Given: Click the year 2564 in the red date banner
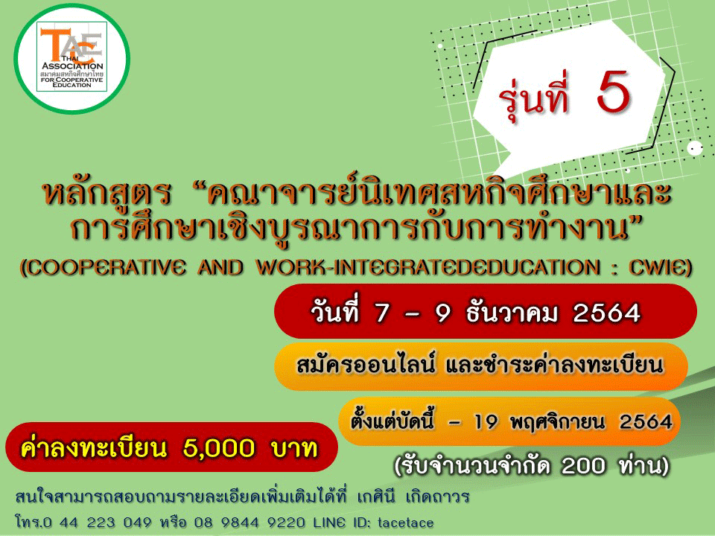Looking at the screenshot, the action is (607, 313).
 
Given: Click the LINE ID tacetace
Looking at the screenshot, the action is (405, 523).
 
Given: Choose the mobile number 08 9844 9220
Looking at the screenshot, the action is (250, 523).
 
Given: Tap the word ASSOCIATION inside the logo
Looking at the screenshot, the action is (72, 66).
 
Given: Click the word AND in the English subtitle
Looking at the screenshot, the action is (220, 267).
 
